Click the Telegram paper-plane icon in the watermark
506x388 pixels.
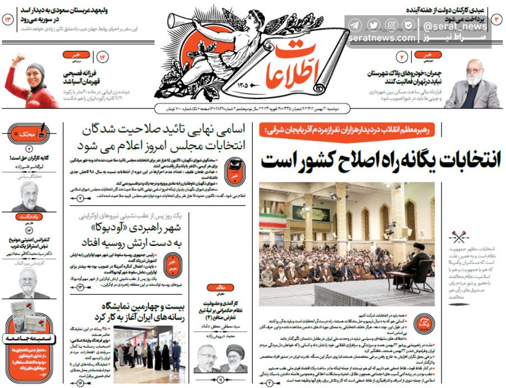tap(355, 25)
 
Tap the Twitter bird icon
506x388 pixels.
tap(373, 25)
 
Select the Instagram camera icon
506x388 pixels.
tap(391, 25)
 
